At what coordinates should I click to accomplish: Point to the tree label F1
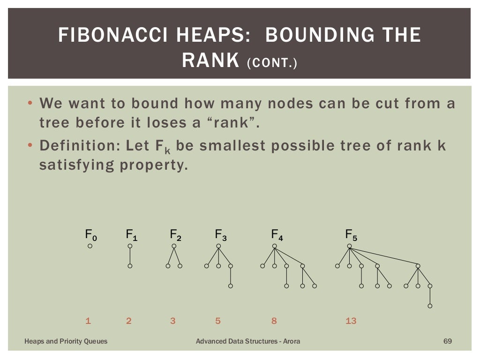[132, 234]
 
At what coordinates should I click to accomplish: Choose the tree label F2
[175, 234]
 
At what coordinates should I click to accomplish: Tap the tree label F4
[277, 234]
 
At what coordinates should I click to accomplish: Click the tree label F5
[351, 234]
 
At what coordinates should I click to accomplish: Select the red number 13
[351, 321]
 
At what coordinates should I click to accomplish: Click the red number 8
[274, 321]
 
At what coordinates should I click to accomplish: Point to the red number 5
[218, 321]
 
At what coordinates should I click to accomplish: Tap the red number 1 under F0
[88, 321]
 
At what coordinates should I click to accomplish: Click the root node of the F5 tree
[349, 246]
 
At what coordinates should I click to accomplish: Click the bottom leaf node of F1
[130, 266]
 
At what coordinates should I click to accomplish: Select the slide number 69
[447, 341]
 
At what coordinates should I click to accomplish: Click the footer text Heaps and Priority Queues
[66, 341]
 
